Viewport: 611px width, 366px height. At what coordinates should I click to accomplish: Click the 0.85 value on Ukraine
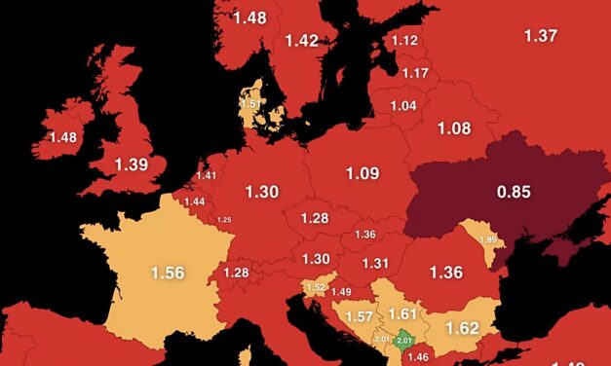pyautogui.click(x=514, y=192)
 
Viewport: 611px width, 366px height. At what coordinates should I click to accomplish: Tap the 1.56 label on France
pyautogui.click(x=168, y=274)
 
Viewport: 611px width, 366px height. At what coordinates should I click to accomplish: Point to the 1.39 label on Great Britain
pyautogui.click(x=133, y=165)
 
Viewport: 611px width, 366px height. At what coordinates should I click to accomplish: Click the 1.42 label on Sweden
pyautogui.click(x=302, y=40)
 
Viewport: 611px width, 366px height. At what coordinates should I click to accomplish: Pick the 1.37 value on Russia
pyautogui.click(x=541, y=35)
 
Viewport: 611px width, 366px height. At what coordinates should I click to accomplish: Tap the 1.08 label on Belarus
pyautogui.click(x=453, y=128)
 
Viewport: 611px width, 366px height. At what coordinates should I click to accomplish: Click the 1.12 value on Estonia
pyautogui.click(x=404, y=40)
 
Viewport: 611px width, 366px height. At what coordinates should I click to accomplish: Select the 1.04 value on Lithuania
pyautogui.click(x=402, y=105)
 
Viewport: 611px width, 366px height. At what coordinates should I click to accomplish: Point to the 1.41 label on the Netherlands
pyautogui.click(x=206, y=176)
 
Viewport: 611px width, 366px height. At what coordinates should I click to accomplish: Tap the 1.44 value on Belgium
pyautogui.click(x=195, y=201)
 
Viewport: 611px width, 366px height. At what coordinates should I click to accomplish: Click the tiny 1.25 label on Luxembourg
pyautogui.click(x=224, y=220)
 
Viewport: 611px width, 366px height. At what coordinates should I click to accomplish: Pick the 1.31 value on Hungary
pyautogui.click(x=375, y=263)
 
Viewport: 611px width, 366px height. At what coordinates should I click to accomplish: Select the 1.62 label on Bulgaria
pyautogui.click(x=462, y=328)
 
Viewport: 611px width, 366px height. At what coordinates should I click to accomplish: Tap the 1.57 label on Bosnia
pyautogui.click(x=359, y=317)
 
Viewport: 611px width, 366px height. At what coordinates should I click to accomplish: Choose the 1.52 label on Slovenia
pyautogui.click(x=315, y=287)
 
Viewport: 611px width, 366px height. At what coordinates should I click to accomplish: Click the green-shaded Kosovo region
pyautogui.click(x=404, y=340)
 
